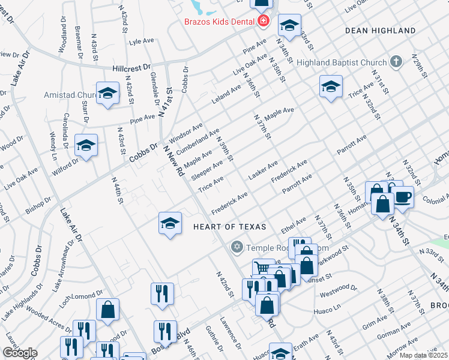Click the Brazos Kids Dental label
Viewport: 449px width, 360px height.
tap(220, 22)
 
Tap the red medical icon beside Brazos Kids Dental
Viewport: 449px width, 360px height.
tap(263, 22)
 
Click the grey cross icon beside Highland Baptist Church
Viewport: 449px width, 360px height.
tap(396, 61)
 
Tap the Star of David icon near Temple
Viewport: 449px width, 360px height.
tap(237, 247)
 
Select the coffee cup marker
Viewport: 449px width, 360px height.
tap(402, 197)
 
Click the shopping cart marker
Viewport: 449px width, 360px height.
tap(262, 268)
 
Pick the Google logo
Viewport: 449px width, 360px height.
tap(20, 353)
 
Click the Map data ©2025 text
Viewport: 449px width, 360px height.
tap(423, 355)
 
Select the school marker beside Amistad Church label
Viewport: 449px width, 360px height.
tap(107, 93)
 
